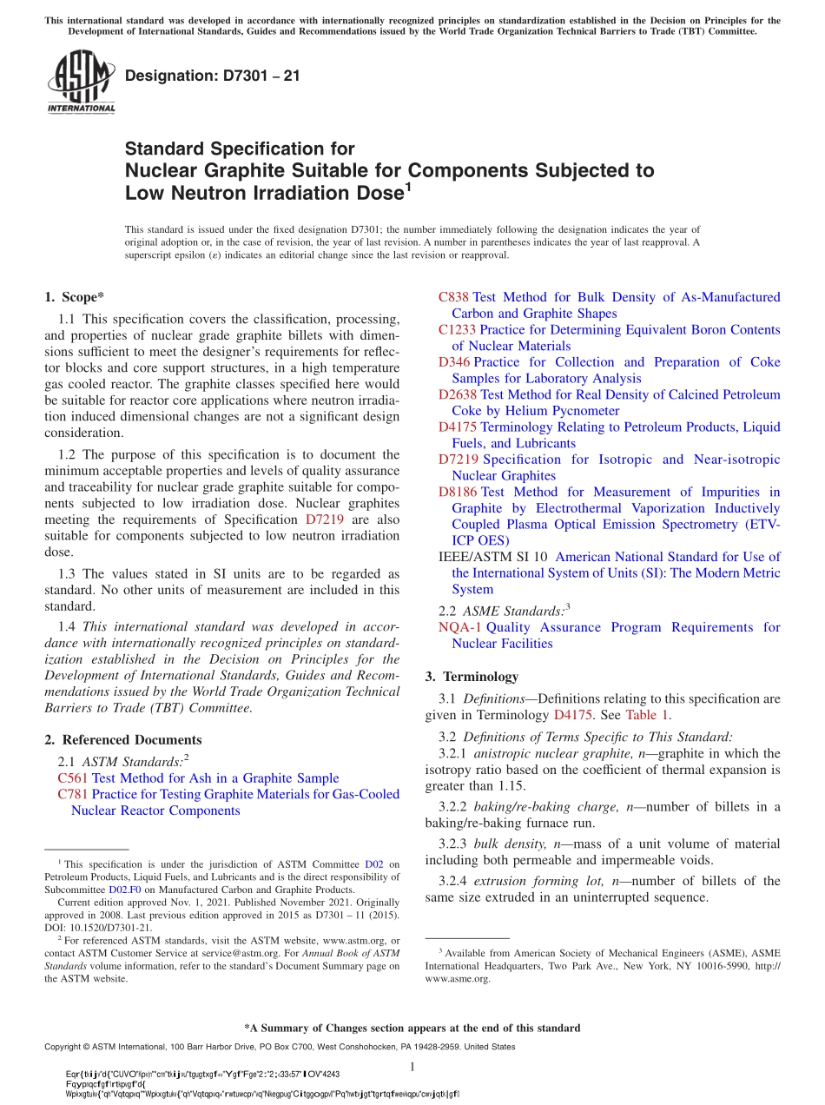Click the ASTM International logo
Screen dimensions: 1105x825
(x=81, y=82)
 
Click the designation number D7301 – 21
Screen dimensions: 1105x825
(x=213, y=76)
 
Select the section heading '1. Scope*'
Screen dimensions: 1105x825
(x=75, y=297)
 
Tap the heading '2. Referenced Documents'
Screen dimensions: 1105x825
(x=122, y=740)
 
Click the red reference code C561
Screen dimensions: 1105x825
(x=72, y=778)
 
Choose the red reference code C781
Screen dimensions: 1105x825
(x=72, y=794)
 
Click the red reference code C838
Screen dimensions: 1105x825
(x=453, y=297)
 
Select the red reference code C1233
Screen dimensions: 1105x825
(x=457, y=330)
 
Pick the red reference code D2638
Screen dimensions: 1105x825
(x=457, y=395)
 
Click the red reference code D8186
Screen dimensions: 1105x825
(x=457, y=492)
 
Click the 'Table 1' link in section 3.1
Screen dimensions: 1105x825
(x=647, y=715)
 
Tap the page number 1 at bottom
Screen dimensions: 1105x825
(x=412, y=1067)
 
